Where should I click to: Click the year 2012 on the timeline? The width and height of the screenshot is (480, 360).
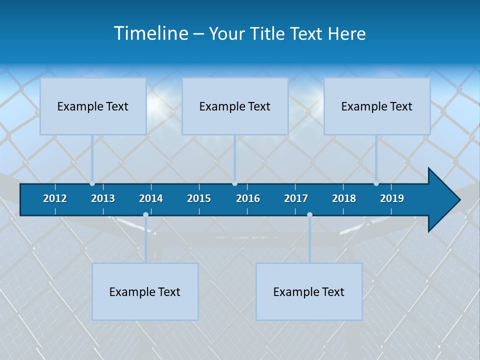coord(55,198)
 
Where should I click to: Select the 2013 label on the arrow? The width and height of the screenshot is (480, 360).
coord(103,198)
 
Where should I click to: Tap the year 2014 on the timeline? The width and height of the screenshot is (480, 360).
coord(151,198)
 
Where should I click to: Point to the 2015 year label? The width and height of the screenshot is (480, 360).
coord(199,198)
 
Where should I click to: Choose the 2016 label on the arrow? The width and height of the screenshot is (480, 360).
coord(248,198)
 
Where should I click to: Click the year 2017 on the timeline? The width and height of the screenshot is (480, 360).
coord(296,198)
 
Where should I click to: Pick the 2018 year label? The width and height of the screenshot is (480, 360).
coord(344,198)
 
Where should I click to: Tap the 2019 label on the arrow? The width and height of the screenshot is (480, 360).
coord(392,198)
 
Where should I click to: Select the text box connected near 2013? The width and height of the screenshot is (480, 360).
coord(93,106)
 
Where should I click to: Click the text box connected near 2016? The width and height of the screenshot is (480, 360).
coord(235,106)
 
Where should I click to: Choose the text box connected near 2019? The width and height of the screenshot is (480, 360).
coord(377,106)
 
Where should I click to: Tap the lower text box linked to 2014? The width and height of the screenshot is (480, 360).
coord(145,291)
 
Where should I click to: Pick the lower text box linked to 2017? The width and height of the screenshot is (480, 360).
coord(309,291)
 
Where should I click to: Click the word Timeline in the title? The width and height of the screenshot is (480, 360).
coord(150,33)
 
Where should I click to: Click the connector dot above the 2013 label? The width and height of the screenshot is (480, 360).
coord(92,183)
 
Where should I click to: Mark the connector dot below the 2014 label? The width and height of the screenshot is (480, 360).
coord(145,214)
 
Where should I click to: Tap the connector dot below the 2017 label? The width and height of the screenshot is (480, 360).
coord(309,214)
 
